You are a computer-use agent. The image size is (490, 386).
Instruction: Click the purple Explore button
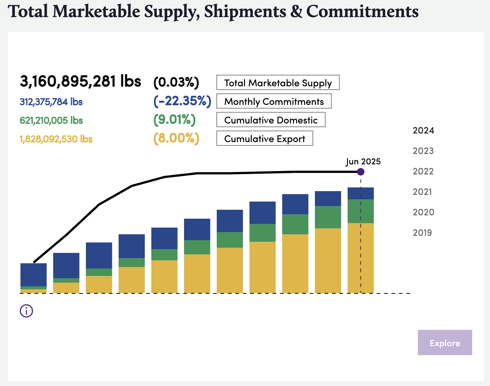pos(445,342)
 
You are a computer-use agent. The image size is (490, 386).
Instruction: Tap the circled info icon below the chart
pos(26,311)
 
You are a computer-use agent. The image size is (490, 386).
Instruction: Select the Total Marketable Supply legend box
pos(278,83)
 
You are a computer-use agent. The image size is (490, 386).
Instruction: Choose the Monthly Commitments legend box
pos(274,101)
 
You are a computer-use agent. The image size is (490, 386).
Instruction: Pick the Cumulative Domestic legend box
pos(271,120)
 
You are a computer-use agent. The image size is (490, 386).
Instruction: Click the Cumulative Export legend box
pos(264,138)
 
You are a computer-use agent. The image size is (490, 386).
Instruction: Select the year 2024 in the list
pos(423,131)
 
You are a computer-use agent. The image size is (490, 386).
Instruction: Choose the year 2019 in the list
pos(422,233)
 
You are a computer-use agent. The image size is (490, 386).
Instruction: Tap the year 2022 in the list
pos(423,171)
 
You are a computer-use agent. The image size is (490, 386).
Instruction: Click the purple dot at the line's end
pos(360,172)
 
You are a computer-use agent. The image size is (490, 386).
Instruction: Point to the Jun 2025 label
pos(363,162)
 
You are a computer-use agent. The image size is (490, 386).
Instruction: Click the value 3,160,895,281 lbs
pos(80,81)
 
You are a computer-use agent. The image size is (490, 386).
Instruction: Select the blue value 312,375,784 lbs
pos(51,102)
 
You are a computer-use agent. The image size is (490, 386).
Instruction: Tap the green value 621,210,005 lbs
pos(51,120)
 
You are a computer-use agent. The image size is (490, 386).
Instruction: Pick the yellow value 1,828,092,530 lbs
pos(56,139)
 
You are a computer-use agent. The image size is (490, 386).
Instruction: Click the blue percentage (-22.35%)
pos(182,101)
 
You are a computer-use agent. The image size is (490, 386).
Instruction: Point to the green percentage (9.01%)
pos(174,120)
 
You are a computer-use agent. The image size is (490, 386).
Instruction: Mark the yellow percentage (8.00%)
pos(176,138)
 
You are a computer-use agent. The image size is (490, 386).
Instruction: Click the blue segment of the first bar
pos(33,275)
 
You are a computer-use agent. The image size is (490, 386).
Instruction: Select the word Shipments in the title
pos(245,12)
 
